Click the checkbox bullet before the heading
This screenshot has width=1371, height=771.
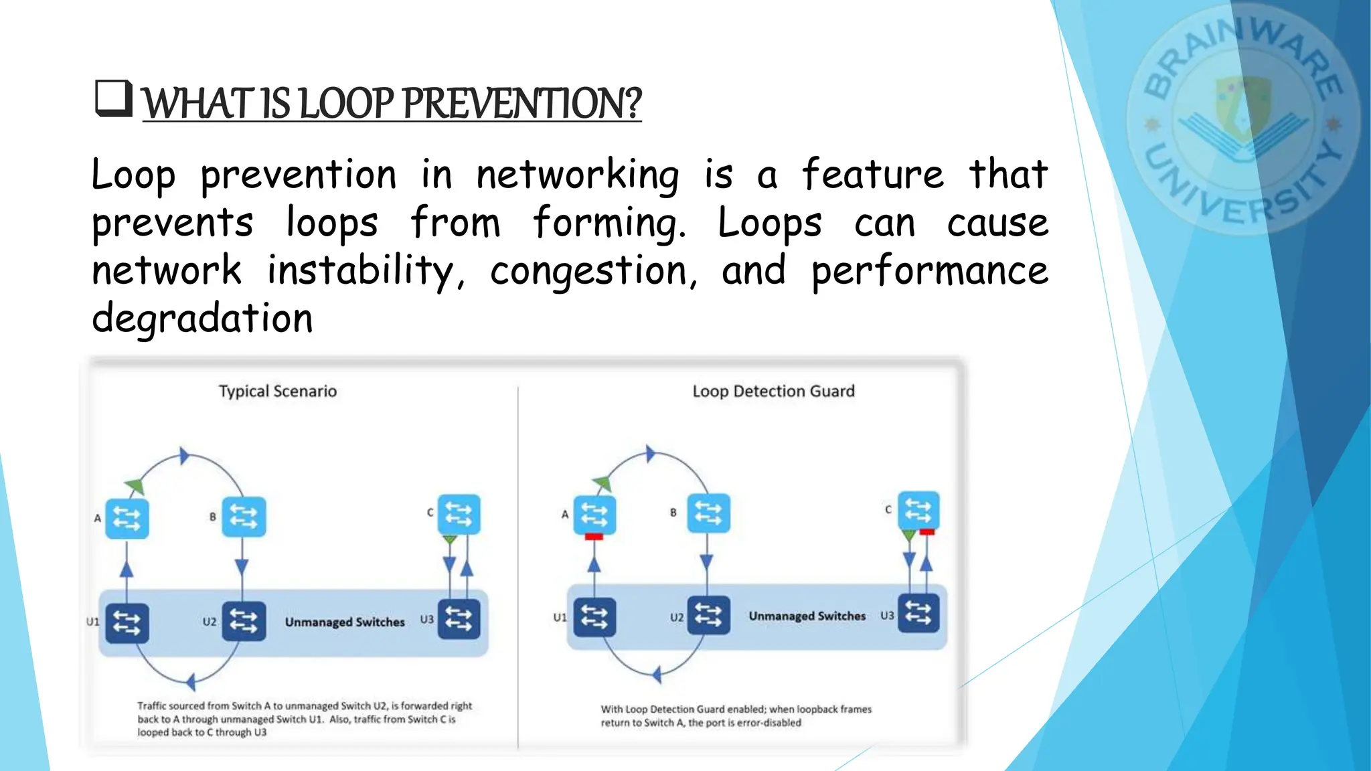(x=113, y=99)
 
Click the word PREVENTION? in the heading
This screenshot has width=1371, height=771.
(x=522, y=104)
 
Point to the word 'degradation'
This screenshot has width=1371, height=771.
(x=202, y=319)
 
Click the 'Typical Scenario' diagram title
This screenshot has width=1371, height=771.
(x=278, y=391)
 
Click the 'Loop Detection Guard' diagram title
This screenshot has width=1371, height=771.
(x=773, y=391)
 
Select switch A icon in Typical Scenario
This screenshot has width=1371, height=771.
(x=127, y=519)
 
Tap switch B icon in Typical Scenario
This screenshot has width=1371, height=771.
(x=243, y=517)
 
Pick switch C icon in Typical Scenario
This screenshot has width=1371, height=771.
(x=459, y=514)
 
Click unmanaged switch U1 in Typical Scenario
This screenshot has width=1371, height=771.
(x=127, y=623)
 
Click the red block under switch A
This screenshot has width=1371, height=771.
(x=594, y=537)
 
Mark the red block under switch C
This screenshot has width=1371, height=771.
(x=927, y=532)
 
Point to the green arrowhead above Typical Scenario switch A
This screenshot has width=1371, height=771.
(x=135, y=486)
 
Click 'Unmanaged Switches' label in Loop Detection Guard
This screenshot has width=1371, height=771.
(x=807, y=616)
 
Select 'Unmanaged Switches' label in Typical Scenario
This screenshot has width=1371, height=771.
(x=345, y=622)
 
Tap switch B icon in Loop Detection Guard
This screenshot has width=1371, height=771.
(x=708, y=513)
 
